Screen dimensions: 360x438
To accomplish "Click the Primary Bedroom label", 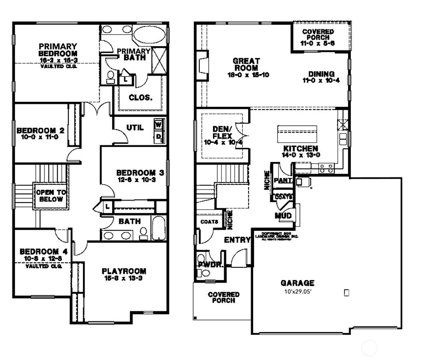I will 58,50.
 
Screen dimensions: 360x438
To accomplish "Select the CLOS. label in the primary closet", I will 140,97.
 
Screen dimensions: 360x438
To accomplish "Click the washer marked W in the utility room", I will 158,125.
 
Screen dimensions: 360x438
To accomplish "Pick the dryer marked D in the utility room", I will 158,136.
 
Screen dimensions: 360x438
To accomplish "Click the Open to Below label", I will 50,196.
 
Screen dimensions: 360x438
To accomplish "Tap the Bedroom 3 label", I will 140,173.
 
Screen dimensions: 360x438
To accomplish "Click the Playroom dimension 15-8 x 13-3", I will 124,279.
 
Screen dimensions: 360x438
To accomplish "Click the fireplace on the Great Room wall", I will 202,65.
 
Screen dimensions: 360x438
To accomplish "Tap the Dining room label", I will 321,74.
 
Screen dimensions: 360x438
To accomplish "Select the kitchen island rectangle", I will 297,134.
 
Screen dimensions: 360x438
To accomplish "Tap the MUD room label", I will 283,215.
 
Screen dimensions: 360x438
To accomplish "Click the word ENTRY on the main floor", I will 237,240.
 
